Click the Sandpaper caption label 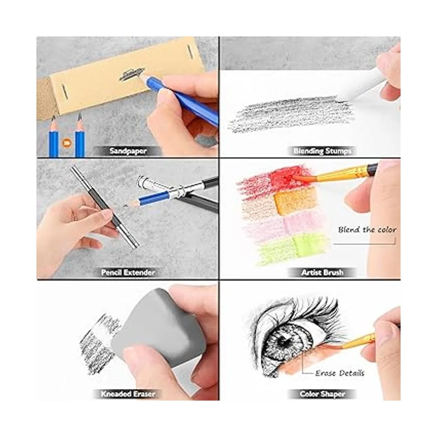(x=128, y=151)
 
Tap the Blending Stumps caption (x=322, y=151)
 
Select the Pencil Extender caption (x=128, y=272)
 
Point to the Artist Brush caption (x=322, y=272)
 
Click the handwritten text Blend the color (x=367, y=230)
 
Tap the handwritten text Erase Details (x=340, y=373)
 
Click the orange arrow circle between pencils (x=67, y=143)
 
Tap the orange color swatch (x=295, y=201)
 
